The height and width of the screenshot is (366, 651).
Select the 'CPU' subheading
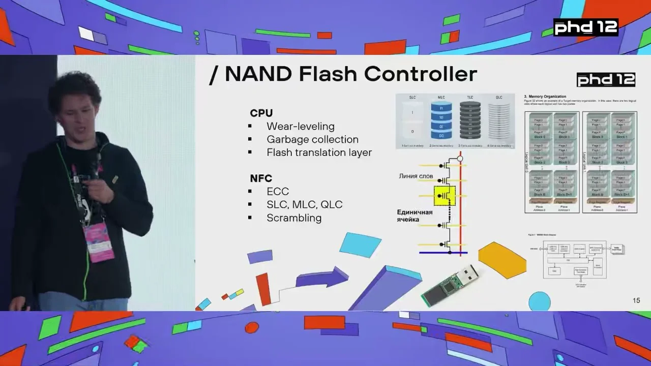point(261,113)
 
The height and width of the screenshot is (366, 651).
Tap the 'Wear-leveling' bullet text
point(301,126)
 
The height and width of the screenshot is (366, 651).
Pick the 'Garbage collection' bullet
point(312,139)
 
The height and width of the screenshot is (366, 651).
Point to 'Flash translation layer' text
point(319,152)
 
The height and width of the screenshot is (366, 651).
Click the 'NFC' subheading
point(261,178)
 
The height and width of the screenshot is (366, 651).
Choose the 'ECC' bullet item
point(278,192)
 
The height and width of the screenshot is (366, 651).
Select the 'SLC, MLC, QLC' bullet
point(304,204)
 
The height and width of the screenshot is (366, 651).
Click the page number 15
point(636,300)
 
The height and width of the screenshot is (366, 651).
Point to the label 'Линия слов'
point(416,176)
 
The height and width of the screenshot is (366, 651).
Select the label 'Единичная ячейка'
point(415,216)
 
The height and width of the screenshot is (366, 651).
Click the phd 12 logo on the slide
point(606,80)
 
